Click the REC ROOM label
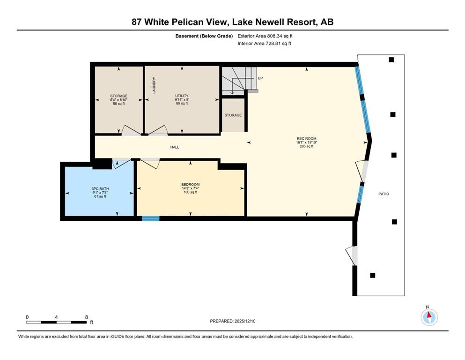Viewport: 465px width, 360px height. pyautogui.click(x=307, y=138)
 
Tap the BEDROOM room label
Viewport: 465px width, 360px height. pyautogui.click(x=190, y=184)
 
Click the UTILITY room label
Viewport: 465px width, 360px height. pyautogui.click(x=182, y=96)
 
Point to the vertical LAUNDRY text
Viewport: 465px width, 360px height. pyautogui.click(x=154, y=85)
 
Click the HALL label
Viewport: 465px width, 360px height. pyautogui.click(x=175, y=147)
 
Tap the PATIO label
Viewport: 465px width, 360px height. pyautogui.click(x=384, y=194)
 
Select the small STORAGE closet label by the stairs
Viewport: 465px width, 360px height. pyautogui.click(x=233, y=115)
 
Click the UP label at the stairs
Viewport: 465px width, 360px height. pyautogui.click(x=260, y=79)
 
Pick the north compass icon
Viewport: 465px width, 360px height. pyautogui.click(x=429, y=317)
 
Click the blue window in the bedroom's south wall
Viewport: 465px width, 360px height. pyautogui.click(x=151, y=218)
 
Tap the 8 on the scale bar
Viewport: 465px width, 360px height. pyautogui.click(x=86, y=317)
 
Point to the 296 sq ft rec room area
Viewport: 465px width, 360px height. pyautogui.click(x=307, y=146)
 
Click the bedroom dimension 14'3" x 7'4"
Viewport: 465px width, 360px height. pyautogui.click(x=190, y=188)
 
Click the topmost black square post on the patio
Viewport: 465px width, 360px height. pyautogui.click(x=391, y=60)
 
